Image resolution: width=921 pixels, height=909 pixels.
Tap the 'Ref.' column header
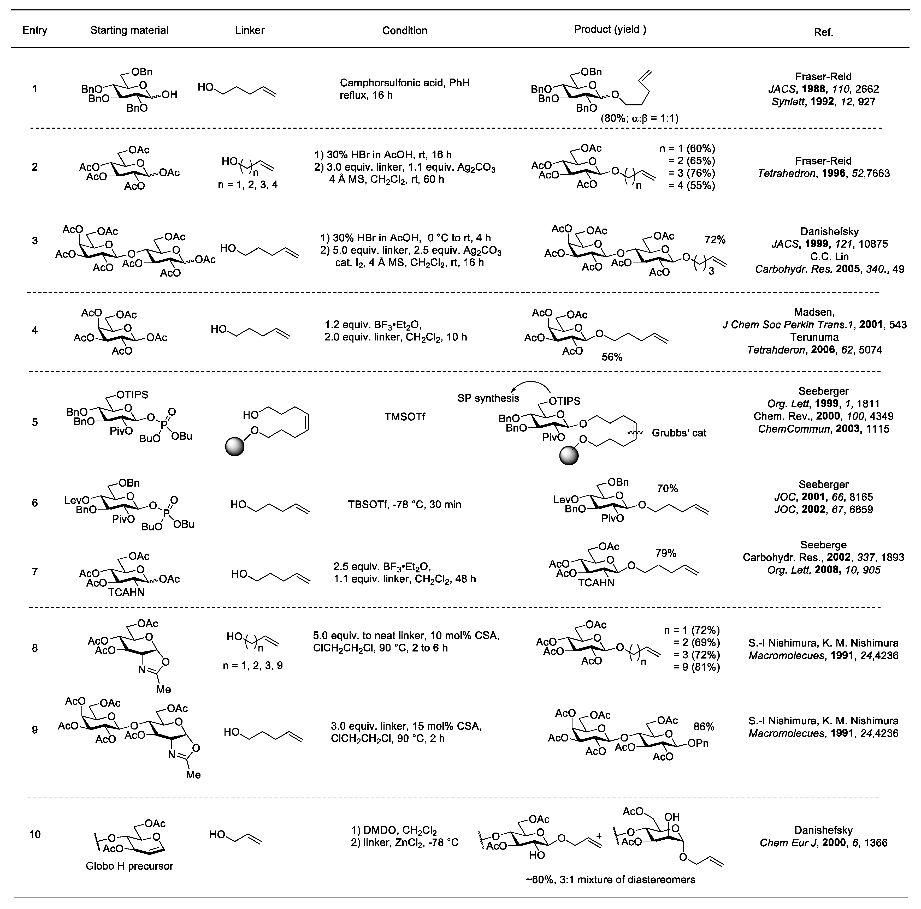tap(823, 32)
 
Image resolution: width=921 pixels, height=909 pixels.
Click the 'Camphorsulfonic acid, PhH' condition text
tap(404, 83)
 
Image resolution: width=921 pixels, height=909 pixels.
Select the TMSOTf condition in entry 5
tap(405, 417)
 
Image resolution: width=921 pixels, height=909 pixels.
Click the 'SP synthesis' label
tap(488, 398)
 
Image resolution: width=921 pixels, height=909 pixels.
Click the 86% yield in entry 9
tap(704, 727)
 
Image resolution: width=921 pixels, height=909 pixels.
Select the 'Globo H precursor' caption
tap(129, 866)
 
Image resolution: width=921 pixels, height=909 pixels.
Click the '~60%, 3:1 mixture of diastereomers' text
tap(610, 880)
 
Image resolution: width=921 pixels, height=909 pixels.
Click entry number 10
tap(35, 834)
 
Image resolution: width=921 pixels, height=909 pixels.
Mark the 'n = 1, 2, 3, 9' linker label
tap(253, 665)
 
